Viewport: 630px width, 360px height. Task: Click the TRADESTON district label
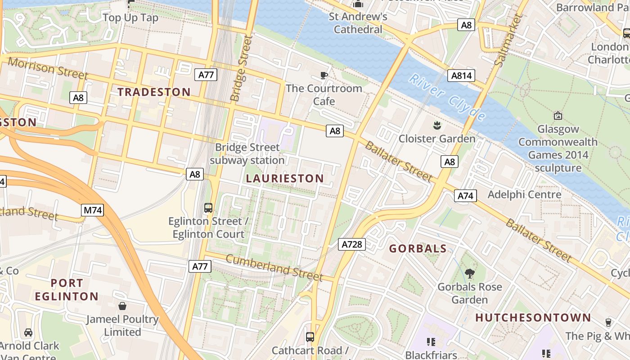[154, 92]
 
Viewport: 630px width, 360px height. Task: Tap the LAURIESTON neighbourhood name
[285, 179]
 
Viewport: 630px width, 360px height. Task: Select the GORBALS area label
[418, 249]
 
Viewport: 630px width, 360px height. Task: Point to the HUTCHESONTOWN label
[533, 318]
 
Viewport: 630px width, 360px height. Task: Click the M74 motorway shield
[93, 210]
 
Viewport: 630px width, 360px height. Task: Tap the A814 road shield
[462, 76]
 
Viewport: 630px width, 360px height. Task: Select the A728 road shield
[352, 244]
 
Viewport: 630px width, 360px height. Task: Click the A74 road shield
[465, 196]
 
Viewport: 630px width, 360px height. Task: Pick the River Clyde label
[447, 98]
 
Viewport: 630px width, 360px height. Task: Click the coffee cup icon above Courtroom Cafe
[324, 75]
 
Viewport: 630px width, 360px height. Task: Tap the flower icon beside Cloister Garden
[436, 125]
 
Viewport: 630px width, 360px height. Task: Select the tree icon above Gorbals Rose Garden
[469, 273]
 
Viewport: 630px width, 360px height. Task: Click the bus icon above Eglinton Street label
[208, 207]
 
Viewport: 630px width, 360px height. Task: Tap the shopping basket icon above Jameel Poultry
[122, 306]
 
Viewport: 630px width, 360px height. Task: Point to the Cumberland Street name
[274, 267]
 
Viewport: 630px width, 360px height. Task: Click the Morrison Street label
[48, 69]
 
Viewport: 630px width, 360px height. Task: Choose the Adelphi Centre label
[525, 194]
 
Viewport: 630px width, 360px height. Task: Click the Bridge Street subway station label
[247, 153]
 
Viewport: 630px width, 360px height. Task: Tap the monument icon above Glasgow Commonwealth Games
[558, 116]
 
